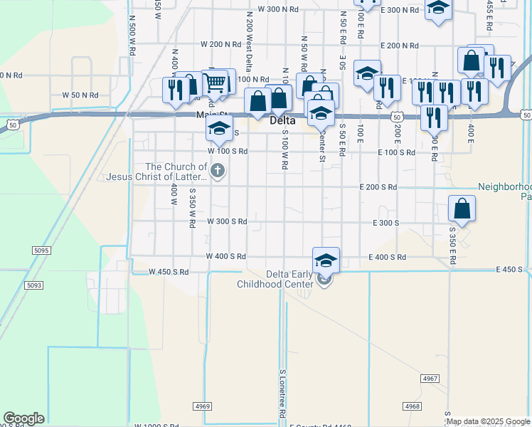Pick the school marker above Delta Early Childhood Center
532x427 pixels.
pyautogui.click(x=326, y=260)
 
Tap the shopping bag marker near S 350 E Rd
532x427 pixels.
pyautogui.click(x=462, y=209)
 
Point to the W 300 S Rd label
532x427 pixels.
pyautogui.click(x=227, y=222)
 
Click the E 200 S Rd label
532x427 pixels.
pyautogui.click(x=378, y=187)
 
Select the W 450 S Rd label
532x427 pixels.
pyautogui.click(x=169, y=272)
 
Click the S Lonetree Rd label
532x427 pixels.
pyautogui.click(x=282, y=393)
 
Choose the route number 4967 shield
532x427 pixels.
pyautogui.click(x=430, y=378)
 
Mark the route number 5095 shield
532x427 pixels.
pyautogui.click(x=41, y=251)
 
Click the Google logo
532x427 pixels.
pyautogui.click(x=23, y=419)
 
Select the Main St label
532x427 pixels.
pyautogui.click(x=212, y=115)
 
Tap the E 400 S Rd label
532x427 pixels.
pyautogui.click(x=387, y=257)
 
